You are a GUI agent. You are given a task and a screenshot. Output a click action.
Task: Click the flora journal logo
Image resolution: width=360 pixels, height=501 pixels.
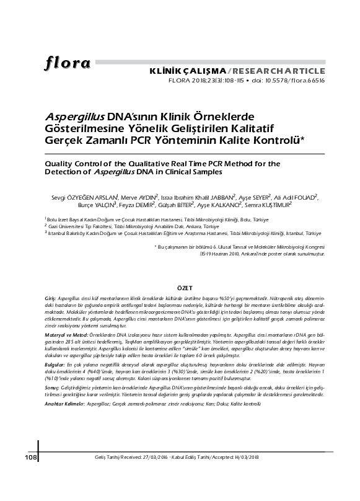click(68, 63)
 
